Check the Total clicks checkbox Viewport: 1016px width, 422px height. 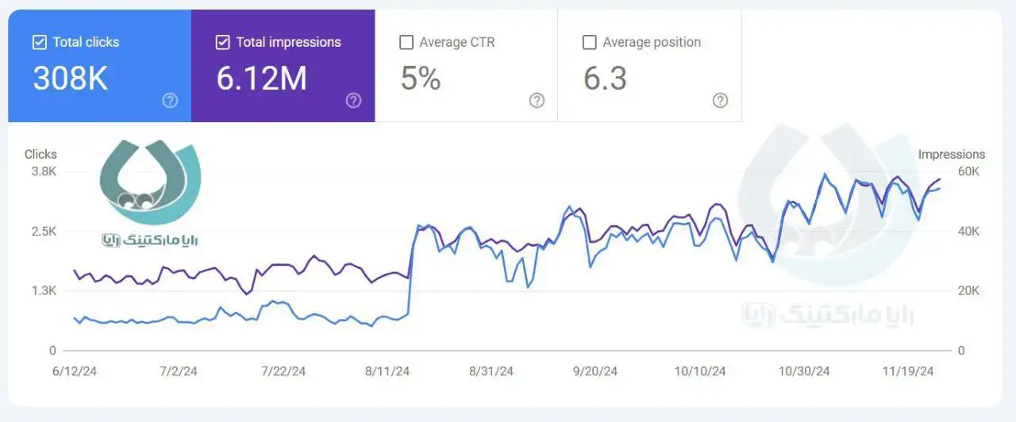(x=40, y=43)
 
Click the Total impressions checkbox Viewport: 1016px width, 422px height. (x=223, y=43)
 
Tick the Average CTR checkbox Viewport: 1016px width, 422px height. (x=406, y=43)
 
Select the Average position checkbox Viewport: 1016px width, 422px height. (x=590, y=43)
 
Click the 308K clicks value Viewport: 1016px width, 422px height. (x=70, y=79)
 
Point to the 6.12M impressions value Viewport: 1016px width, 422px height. (x=261, y=79)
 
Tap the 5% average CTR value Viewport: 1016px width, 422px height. (x=420, y=79)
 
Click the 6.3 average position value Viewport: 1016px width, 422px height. (x=605, y=79)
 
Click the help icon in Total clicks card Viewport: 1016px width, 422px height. (x=170, y=101)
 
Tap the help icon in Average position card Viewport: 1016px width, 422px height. (x=720, y=101)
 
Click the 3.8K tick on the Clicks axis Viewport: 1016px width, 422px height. (x=44, y=171)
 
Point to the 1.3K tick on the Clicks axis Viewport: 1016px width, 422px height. (x=44, y=291)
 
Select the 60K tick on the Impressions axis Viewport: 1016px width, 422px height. (x=968, y=171)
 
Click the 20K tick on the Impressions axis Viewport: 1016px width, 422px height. (x=968, y=291)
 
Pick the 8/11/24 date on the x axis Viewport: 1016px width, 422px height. (x=388, y=371)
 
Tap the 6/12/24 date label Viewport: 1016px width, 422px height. (x=75, y=371)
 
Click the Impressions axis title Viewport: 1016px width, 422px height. (x=951, y=155)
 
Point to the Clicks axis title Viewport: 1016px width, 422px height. (x=40, y=155)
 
